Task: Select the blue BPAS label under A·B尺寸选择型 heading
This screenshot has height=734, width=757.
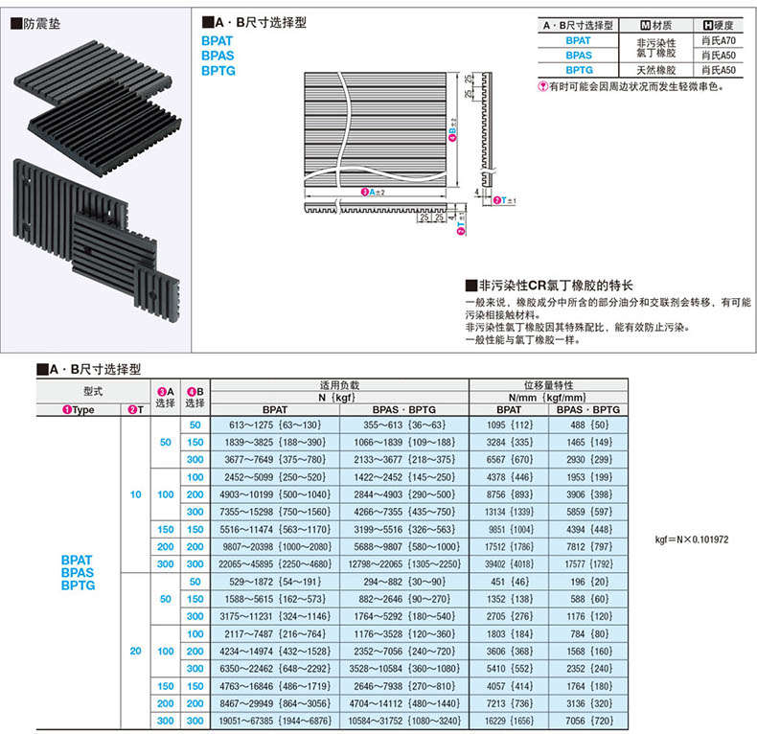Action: click(218, 56)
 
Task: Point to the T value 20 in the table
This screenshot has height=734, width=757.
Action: click(135, 651)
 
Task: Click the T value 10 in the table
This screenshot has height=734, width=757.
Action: click(135, 493)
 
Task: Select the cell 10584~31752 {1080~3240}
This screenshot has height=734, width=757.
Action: click(402, 719)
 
